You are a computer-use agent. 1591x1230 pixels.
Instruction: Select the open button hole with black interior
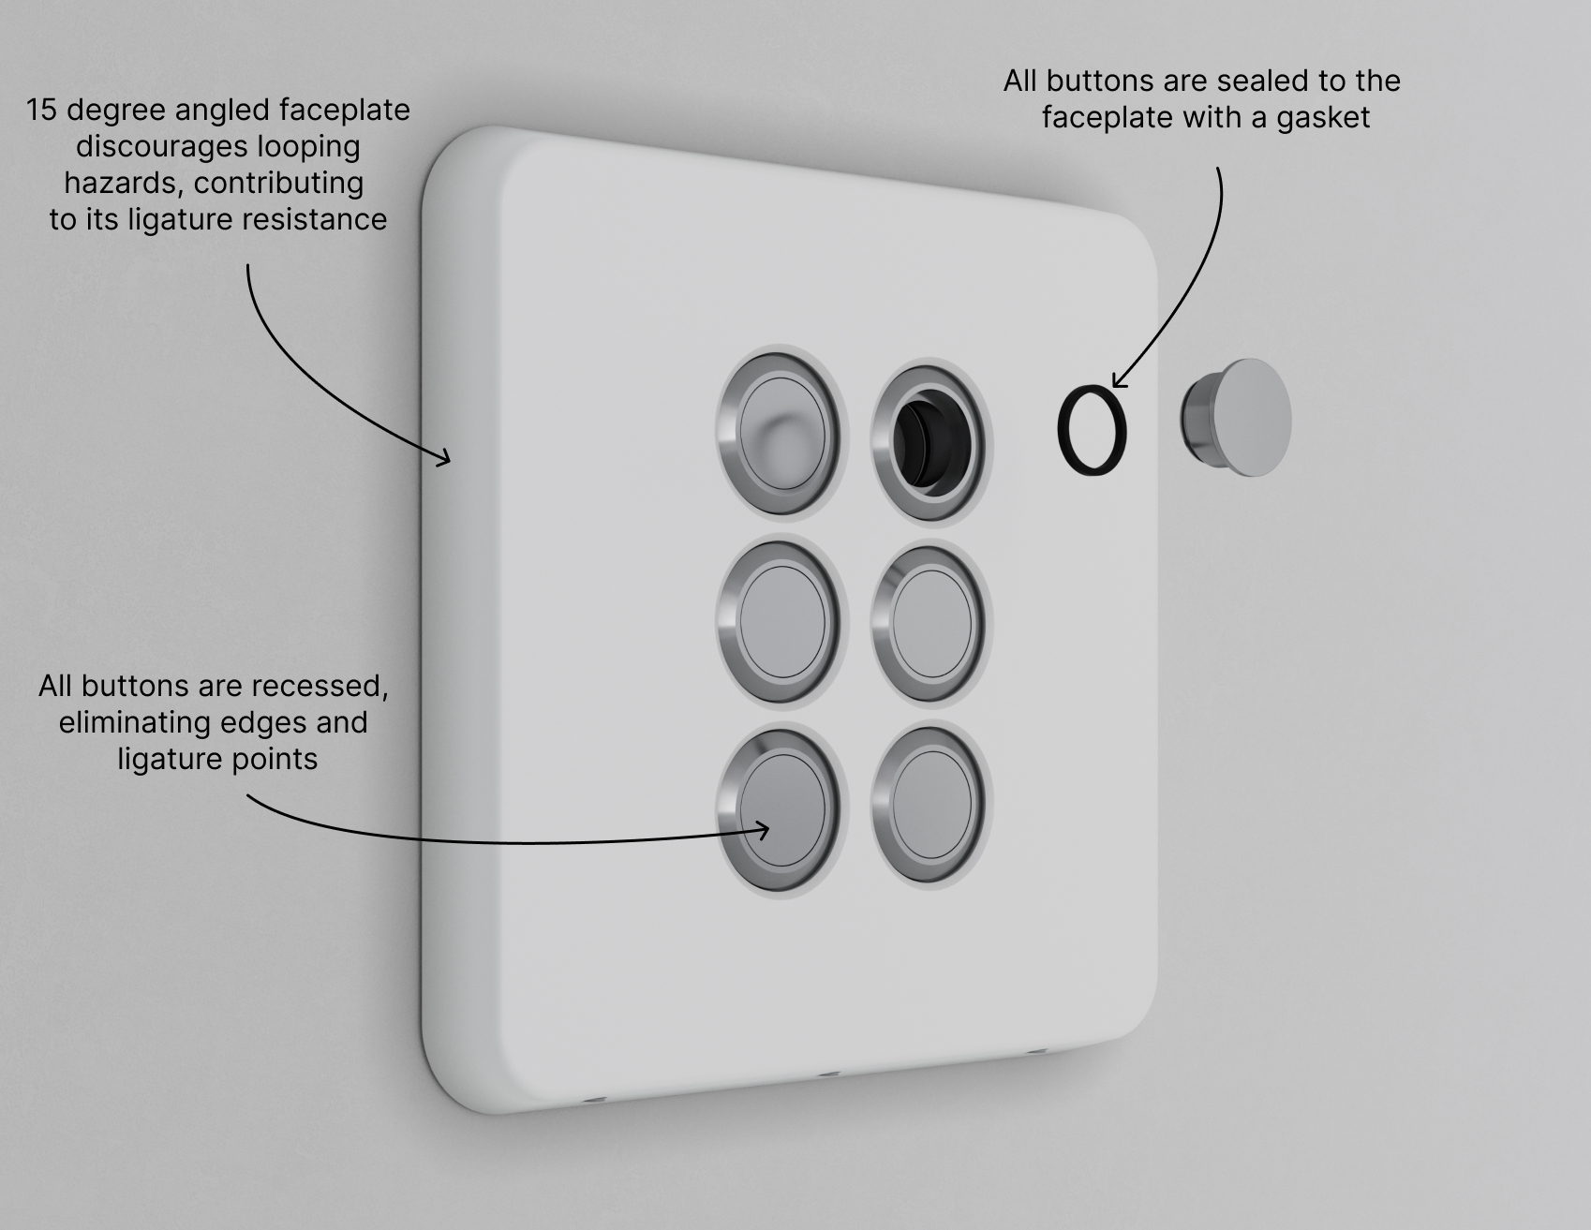click(928, 441)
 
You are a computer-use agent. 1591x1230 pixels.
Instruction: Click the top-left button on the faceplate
click(779, 434)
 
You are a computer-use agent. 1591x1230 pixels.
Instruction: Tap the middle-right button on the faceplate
click(929, 624)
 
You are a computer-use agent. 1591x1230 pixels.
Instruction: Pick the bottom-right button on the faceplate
click(929, 807)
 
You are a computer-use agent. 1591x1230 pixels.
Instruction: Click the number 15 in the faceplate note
click(42, 111)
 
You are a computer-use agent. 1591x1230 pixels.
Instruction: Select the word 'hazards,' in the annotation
click(125, 183)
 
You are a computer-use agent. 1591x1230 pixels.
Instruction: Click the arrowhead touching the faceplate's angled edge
click(442, 455)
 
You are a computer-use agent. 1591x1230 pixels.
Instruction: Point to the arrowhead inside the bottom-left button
click(761, 829)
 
